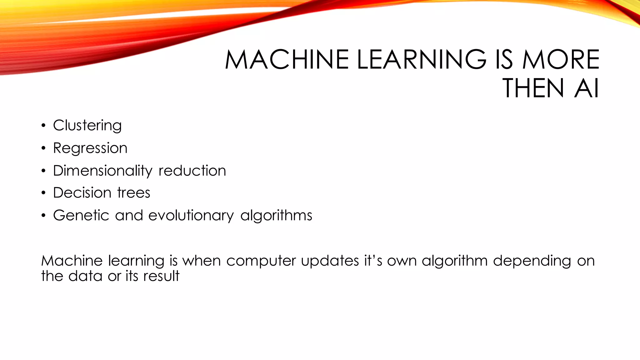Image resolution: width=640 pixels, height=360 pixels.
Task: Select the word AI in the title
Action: tap(587, 89)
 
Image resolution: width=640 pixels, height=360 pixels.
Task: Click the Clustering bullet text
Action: tap(87, 126)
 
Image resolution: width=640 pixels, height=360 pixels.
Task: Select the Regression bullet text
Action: tap(90, 148)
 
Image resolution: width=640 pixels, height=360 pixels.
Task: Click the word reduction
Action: tap(192, 171)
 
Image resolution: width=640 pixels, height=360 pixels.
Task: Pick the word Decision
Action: tap(82, 193)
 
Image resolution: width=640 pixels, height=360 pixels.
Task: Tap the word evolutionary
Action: tap(191, 216)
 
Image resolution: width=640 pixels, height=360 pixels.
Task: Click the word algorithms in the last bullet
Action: tap(276, 216)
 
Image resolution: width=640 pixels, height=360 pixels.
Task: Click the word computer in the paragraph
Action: tap(261, 261)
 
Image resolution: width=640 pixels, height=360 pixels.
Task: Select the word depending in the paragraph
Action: tap(532, 261)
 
